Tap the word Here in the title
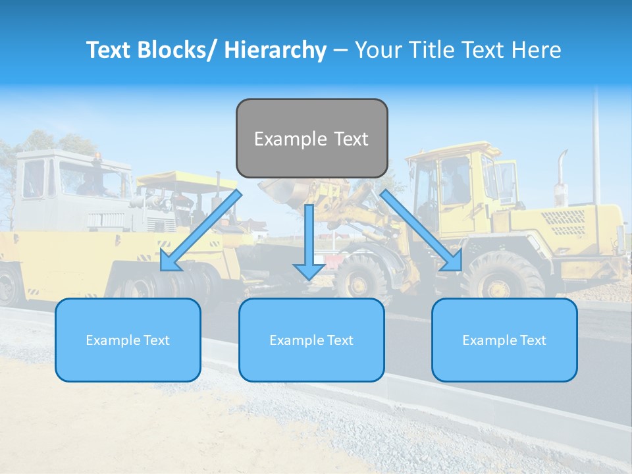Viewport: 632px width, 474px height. pyautogui.click(x=535, y=50)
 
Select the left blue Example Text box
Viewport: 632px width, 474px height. pyautogui.click(x=128, y=340)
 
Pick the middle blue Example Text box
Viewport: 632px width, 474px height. pyautogui.click(x=311, y=340)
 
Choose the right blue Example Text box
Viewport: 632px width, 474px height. pyautogui.click(x=504, y=340)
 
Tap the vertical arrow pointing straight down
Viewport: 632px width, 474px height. pyautogui.click(x=309, y=241)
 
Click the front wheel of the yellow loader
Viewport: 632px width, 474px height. pyautogui.click(x=361, y=276)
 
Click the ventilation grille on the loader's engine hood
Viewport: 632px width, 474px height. pyautogui.click(x=567, y=224)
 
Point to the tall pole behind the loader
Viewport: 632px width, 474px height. pyautogui.click(x=596, y=145)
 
